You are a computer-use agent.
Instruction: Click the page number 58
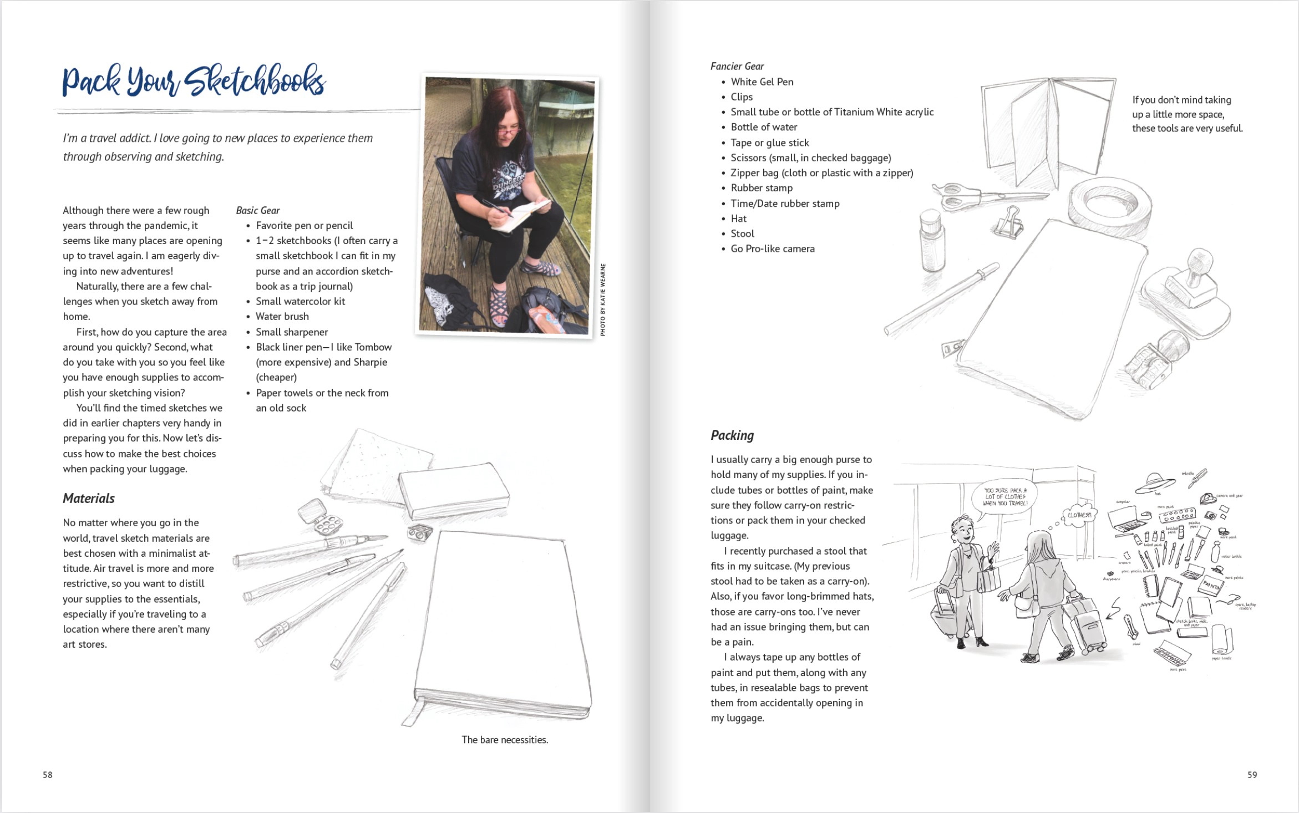pyautogui.click(x=48, y=775)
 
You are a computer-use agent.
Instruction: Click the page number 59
pyautogui.click(x=1252, y=775)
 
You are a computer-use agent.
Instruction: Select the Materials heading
pyautogui.click(x=89, y=498)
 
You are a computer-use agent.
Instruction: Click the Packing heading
pyautogui.click(x=732, y=435)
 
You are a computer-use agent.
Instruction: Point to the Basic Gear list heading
pyautogui.click(x=258, y=211)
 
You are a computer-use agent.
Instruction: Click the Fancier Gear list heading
pyautogui.click(x=737, y=67)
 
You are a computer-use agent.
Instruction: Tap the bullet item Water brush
pyautogui.click(x=282, y=317)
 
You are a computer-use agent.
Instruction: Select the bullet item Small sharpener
pyautogui.click(x=292, y=332)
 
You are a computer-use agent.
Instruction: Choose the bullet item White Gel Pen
pyautogui.click(x=762, y=82)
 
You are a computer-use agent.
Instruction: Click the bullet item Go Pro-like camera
pyautogui.click(x=772, y=249)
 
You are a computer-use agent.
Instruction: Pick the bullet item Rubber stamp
pyautogui.click(x=762, y=188)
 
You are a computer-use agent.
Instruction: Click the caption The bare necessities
pyautogui.click(x=505, y=740)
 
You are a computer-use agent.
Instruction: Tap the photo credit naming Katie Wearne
pyautogui.click(x=603, y=299)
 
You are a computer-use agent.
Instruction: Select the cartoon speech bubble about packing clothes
pyautogui.click(x=1005, y=497)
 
